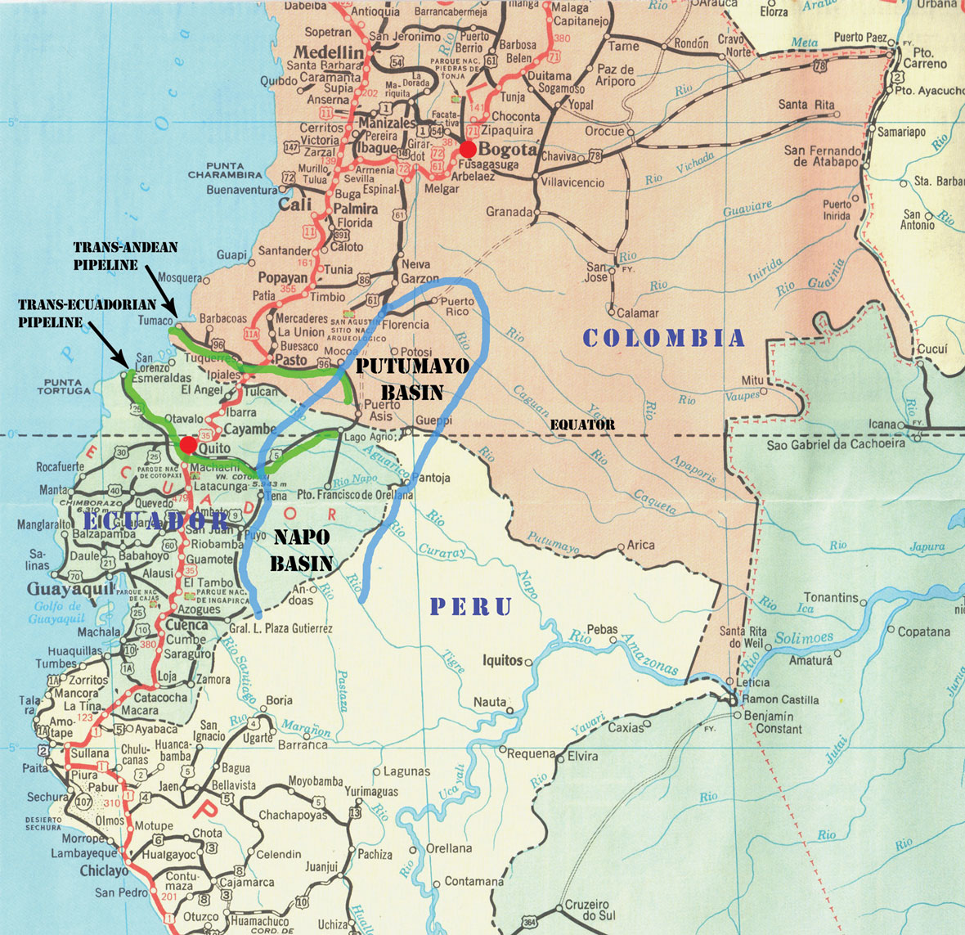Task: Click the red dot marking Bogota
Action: [x=467, y=149]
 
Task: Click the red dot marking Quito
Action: [x=188, y=445]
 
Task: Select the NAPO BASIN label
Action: [x=302, y=550]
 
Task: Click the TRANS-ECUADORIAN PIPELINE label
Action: [x=87, y=312]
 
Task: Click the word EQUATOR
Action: [x=582, y=425]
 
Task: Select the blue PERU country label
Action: [x=471, y=606]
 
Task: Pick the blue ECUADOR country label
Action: [x=155, y=520]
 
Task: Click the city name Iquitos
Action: [x=502, y=660]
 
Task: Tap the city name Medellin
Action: [x=328, y=52]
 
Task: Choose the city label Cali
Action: [x=295, y=205]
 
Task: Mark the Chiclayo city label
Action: [x=104, y=871]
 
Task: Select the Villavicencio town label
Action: [x=572, y=182]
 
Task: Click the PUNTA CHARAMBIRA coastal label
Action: [x=225, y=170]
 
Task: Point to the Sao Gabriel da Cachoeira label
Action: [x=836, y=443]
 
